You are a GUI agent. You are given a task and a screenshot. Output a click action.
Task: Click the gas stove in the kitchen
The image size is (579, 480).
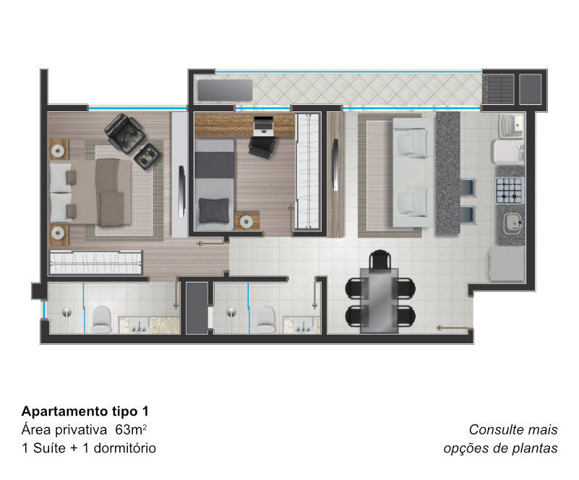pos(510,191)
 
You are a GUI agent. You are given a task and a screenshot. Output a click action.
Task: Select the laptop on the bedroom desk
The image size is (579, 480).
pos(263,125)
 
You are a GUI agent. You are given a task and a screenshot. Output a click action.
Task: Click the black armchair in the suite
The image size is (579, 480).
pos(124,133)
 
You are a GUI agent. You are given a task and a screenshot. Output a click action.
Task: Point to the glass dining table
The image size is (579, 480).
pos(379,301)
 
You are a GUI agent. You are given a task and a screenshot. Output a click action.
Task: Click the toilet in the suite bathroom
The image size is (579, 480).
pos(101,320)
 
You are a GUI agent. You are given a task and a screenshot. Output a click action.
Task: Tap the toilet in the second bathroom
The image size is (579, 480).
pos(265,320)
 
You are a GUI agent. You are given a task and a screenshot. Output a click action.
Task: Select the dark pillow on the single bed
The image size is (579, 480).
pos(214,210)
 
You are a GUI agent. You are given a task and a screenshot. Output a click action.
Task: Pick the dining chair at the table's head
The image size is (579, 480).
pos(380,260)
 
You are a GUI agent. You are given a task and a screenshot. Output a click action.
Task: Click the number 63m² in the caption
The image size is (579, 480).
pos(131,429)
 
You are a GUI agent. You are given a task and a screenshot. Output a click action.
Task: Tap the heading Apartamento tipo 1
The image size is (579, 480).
pos(85,411)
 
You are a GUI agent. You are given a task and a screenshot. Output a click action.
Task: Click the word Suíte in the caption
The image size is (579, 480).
pos(49,448)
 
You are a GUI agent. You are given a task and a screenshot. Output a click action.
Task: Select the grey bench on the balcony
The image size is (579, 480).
pos(225,90)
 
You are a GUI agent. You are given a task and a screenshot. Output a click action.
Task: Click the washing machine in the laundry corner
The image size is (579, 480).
pos(507,151)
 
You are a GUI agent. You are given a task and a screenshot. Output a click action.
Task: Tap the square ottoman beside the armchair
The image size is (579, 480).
pos(147,156)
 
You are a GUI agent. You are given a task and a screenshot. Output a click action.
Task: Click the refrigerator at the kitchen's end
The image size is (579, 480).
pos(507,265)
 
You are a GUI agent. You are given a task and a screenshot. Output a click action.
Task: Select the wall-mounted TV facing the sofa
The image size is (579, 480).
pos(335,165)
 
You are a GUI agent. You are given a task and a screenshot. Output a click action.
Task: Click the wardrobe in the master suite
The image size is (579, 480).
pos(95,263)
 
